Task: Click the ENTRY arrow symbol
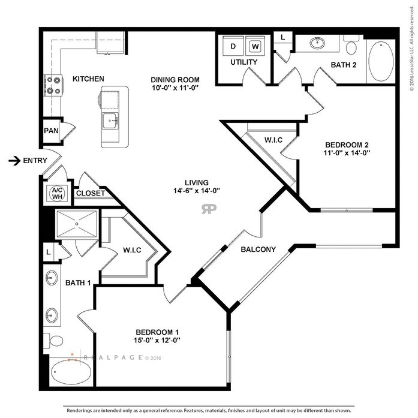coord(14,161)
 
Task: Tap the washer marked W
coord(255,46)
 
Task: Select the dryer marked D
coord(233,46)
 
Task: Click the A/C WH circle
coord(57,194)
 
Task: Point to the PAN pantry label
coord(51,131)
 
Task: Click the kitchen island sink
coord(110,121)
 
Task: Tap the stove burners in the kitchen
coord(53,85)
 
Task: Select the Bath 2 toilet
coord(351,45)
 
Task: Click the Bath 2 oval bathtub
coord(381,62)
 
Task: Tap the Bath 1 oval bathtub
coord(71,372)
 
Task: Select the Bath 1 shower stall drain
coord(77,224)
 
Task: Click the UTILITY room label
coord(244,62)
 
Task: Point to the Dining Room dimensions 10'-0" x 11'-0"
coord(175,88)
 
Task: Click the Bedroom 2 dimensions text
coord(347,153)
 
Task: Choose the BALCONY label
coord(258,249)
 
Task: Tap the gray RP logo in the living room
coord(209,209)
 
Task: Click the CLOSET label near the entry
coord(91,193)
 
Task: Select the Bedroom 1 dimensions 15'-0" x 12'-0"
coord(157,340)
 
